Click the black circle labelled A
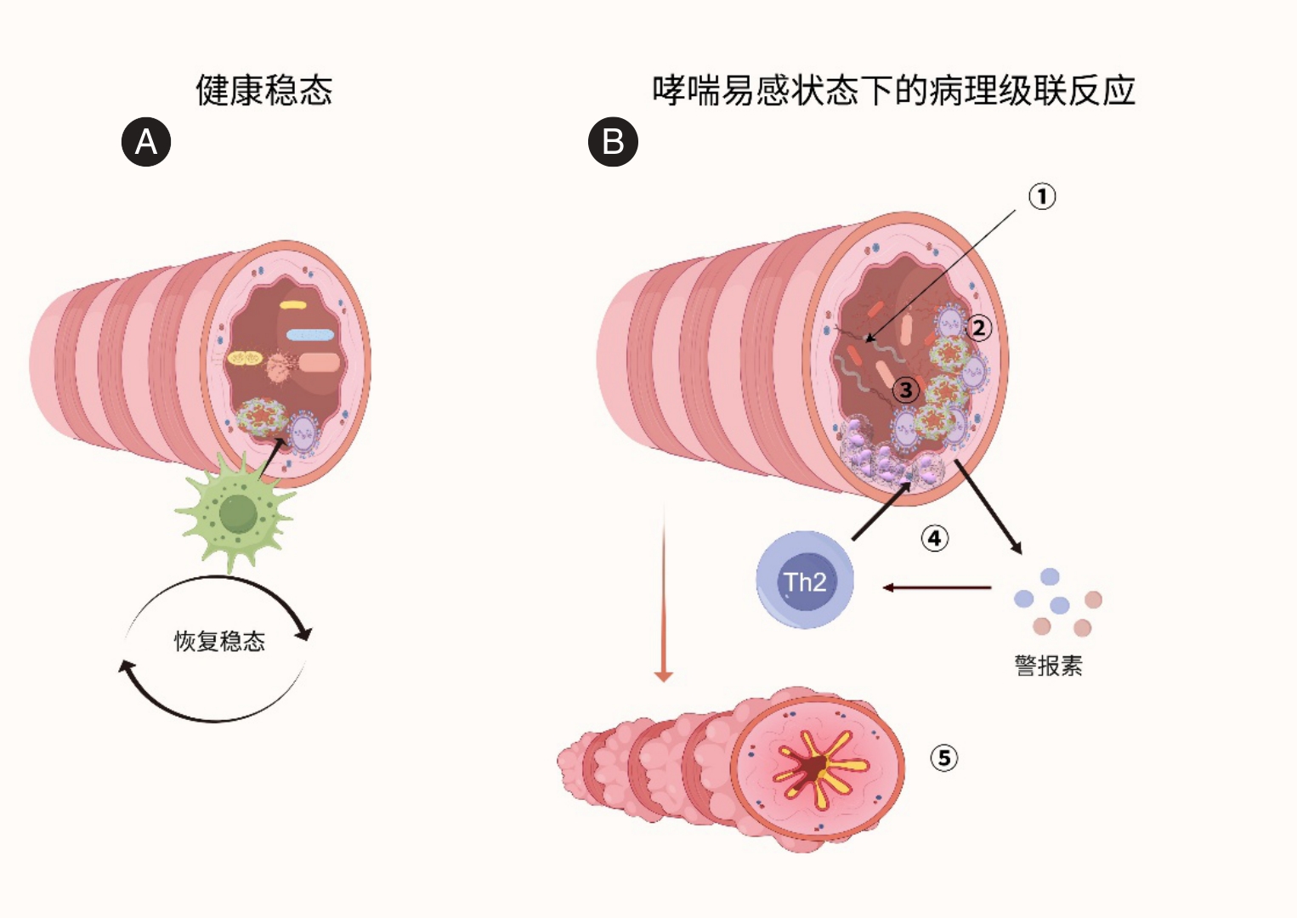tap(146, 141)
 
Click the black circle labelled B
tap(613, 141)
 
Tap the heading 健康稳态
tap(263, 90)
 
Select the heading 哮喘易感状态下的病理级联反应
tap(893, 90)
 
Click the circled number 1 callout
tap(1042, 196)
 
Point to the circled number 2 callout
tap(979, 327)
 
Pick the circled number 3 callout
tap(906, 390)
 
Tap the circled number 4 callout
tap(934, 538)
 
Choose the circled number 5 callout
tap(943, 757)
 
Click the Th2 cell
tap(804, 581)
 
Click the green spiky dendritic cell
tap(237, 513)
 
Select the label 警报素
tap(1048, 666)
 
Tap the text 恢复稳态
tap(219, 641)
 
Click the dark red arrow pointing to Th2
tap(937, 587)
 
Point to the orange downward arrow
tap(664, 595)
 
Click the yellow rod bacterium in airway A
tap(293, 304)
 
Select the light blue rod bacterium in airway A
tap(309, 335)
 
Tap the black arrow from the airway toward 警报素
tap(988, 507)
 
